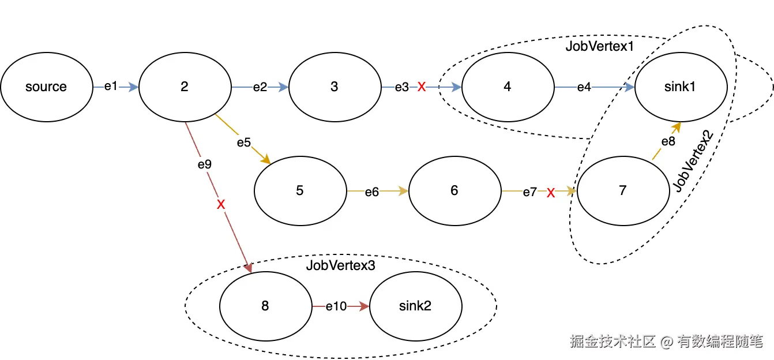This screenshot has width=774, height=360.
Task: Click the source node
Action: pos(47,87)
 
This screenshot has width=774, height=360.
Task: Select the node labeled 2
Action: pos(185,87)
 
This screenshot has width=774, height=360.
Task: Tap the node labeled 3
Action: pos(335,87)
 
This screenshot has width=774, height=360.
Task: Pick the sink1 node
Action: pos(681,87)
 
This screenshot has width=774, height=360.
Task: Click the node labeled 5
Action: pos(300,191)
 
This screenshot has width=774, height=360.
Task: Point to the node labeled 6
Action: pos(454,191)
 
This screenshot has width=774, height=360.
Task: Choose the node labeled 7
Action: pos(623,191)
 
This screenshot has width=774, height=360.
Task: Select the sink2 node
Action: pos(416,306)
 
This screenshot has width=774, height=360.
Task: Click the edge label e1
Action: pos(111,87)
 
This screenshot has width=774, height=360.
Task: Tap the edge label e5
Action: pos(243,142)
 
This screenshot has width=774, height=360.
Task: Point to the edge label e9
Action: pos(205,164)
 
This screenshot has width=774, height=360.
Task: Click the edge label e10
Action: pos(336,306)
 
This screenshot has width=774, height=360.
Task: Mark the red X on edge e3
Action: pos(422,87)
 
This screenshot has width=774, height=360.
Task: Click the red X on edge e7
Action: pos(551,193)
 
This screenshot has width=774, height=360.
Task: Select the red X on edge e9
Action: pos(221,204)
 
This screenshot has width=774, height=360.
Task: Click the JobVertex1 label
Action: pos(599,46)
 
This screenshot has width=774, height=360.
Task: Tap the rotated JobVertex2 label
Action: pos(693,161)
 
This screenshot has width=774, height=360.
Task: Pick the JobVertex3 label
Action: pos(340,265)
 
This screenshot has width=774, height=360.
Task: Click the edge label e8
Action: pos(668,141)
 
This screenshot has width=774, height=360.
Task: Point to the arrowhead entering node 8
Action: pos(248,268)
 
